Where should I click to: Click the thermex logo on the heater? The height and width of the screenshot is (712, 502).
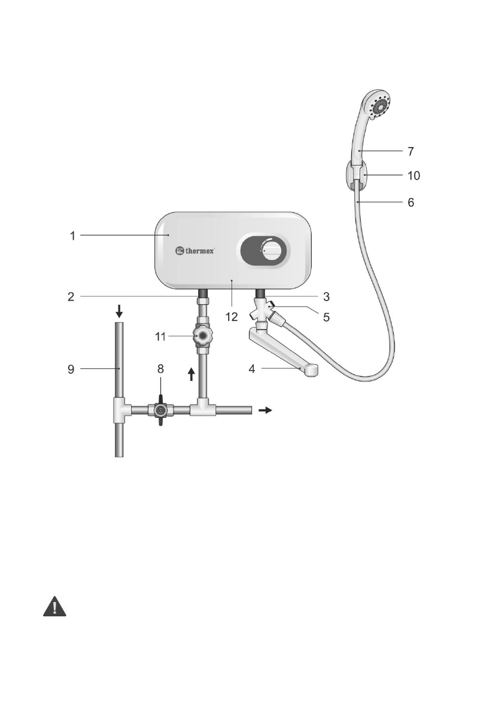pos(195,250)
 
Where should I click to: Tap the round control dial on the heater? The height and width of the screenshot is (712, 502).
pos(272,251)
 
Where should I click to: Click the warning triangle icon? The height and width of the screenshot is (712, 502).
pos(54,607)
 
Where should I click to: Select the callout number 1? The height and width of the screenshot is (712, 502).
pos(72,236)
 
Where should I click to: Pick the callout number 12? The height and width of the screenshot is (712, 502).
pos(231,317)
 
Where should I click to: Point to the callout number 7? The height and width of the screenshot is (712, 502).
pos(410,151)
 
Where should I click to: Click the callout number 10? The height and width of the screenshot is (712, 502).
pos(413,175)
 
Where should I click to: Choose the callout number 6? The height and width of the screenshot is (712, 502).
pos(410,202)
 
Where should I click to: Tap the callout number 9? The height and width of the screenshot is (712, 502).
pos(71,369)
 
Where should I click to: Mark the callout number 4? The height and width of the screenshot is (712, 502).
pos(252,369)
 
